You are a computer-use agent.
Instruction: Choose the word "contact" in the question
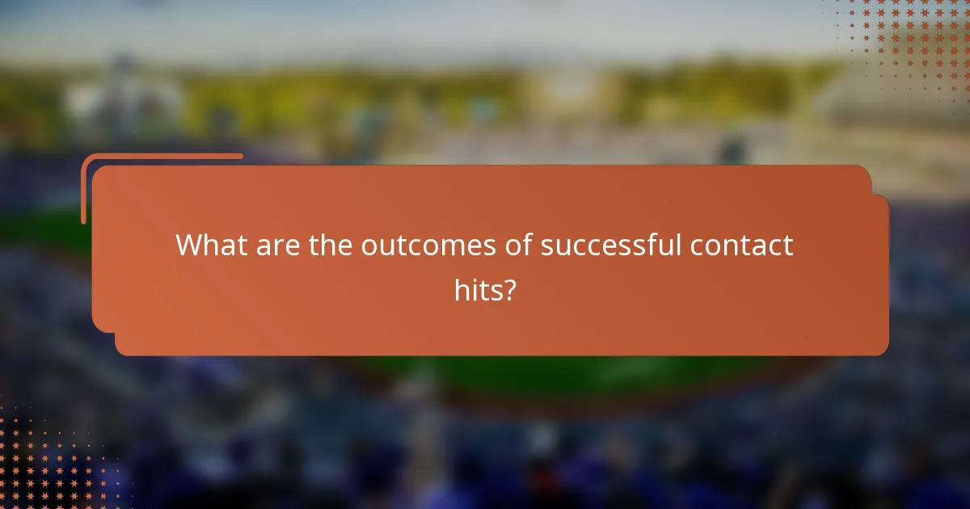pos(741,245)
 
